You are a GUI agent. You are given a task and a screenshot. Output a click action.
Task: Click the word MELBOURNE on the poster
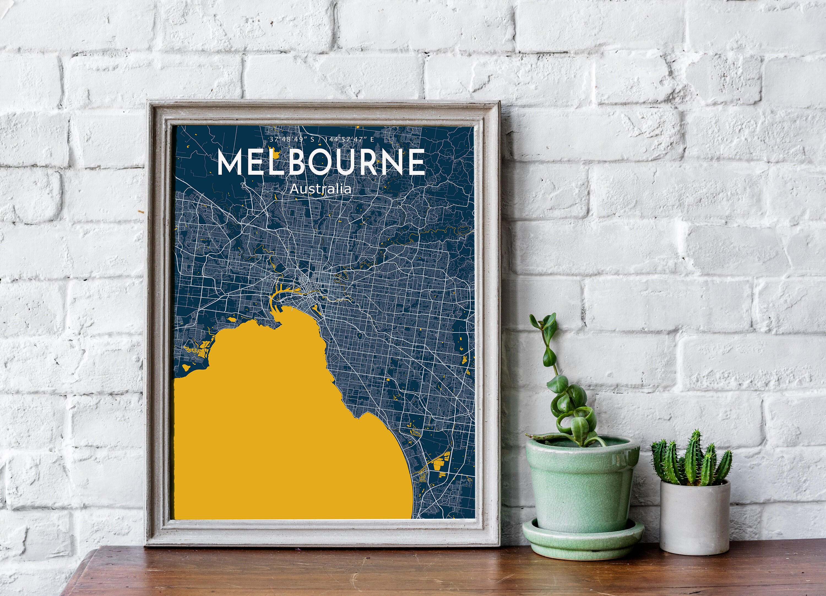pyautogui.click(x=321, y=162)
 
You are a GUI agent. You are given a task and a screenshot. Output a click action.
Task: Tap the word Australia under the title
pyautogui.click(x=320, y=189)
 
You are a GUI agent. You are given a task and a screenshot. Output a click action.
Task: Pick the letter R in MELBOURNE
pyautogui.click(x=371, y=162)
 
